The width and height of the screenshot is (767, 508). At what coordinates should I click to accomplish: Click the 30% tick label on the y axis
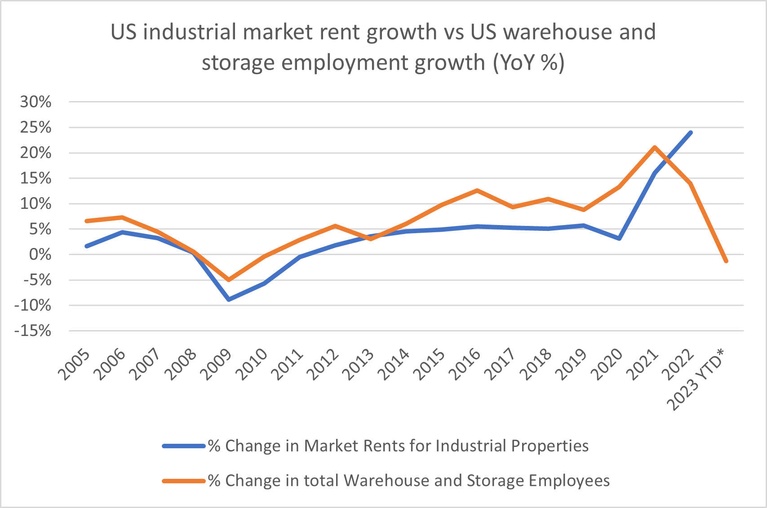35,102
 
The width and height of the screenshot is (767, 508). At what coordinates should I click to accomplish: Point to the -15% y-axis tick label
33,331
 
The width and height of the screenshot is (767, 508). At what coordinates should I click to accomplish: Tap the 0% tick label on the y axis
40,255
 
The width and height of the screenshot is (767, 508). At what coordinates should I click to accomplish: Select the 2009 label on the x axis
216,365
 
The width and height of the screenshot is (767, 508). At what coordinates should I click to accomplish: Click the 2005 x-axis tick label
74,365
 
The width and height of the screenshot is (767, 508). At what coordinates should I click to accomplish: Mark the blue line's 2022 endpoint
691,133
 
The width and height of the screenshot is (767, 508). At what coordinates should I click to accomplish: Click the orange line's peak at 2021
655,147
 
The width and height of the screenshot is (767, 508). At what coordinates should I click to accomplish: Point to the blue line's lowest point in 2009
229,300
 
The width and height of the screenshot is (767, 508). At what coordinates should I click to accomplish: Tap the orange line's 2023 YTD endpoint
726,261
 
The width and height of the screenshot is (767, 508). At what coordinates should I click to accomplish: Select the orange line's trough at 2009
229,280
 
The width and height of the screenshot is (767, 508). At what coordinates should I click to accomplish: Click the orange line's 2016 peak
477,190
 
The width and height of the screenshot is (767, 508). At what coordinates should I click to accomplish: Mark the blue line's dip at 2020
620,239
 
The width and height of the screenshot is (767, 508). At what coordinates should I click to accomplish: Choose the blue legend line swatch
183,446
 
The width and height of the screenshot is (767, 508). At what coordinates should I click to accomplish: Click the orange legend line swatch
183,481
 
